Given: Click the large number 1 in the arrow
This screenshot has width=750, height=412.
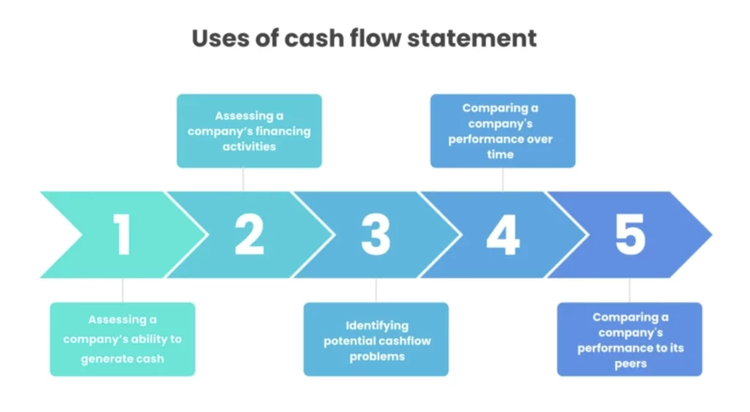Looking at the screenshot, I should [122, 235].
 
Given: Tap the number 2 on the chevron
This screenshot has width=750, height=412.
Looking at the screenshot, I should [249, 235].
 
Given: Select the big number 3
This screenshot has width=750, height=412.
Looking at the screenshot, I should [376, 235].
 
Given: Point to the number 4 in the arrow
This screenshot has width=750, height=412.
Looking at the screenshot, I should [503, 235].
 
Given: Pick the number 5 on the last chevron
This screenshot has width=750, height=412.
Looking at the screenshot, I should [630, 235].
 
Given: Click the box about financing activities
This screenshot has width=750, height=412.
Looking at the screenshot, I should [249, 130].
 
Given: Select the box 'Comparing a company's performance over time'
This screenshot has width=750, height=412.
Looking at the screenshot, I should [502, 130].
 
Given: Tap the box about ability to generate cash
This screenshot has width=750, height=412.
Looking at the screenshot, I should [122, 339].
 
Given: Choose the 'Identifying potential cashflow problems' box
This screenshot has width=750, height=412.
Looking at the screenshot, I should [376, 339].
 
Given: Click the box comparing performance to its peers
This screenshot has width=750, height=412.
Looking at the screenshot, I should [630, 339].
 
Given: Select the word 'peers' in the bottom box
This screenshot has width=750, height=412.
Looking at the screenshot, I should [631, 364].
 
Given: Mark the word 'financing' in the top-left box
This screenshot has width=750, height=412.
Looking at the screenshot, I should [282, 131].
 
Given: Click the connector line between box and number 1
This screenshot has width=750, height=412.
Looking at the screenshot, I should [122, 290].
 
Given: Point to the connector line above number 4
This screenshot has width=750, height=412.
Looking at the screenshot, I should [503, 179].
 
